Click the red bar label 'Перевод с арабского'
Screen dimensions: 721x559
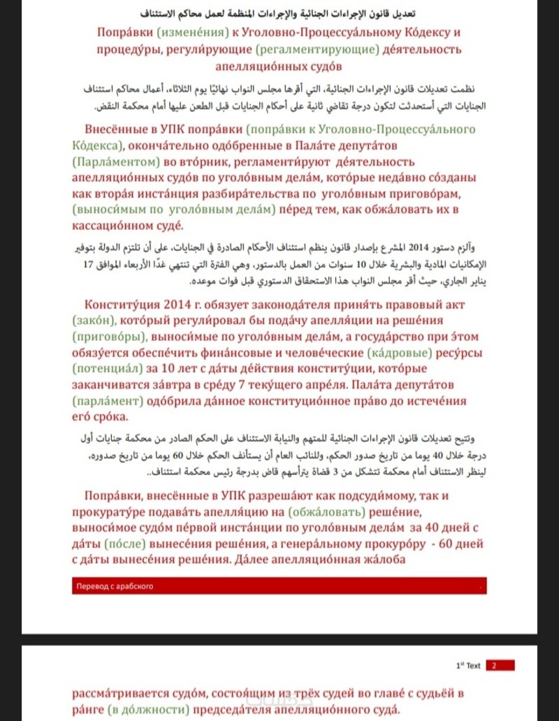[x=114, y=586]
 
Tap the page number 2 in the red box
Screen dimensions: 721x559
[x=494, y=666]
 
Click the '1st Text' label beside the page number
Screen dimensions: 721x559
[x=467, y=666]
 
